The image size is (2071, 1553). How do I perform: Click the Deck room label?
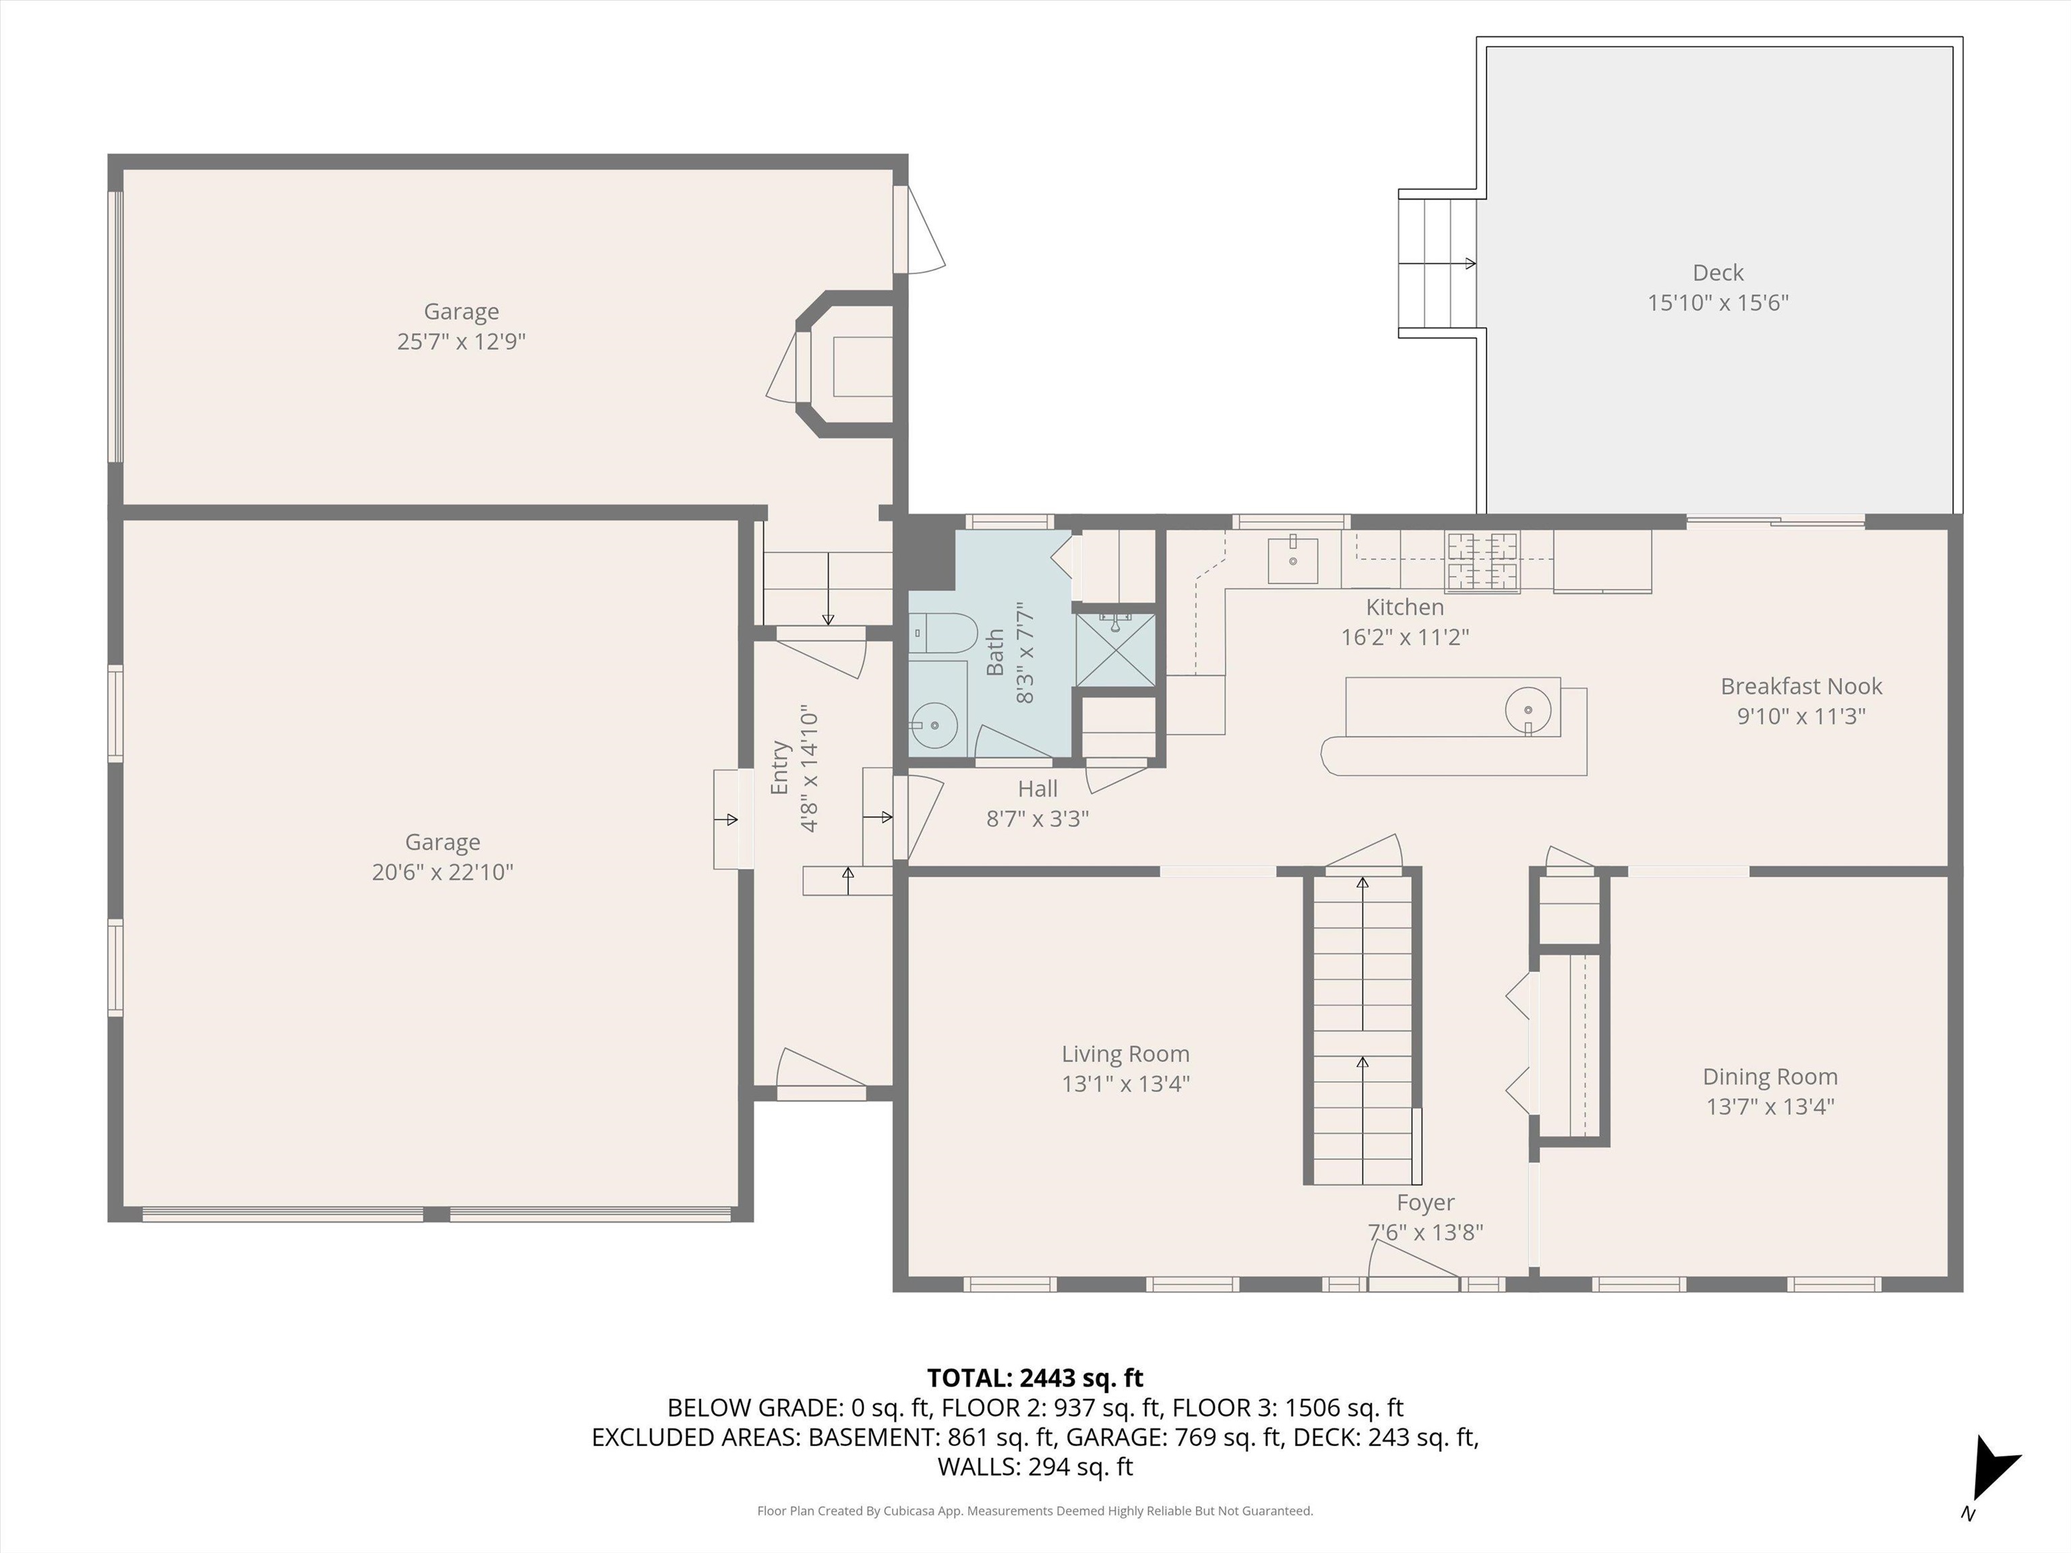pos(1718,272)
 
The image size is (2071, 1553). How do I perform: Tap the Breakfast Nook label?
pos(1801,686)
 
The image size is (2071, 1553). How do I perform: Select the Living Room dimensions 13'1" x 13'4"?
pos(1125,1084)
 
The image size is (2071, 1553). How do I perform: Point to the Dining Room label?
pos(1770,1076)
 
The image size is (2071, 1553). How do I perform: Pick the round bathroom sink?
pos(934,725)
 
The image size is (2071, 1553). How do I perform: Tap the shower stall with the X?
pos(1115,650)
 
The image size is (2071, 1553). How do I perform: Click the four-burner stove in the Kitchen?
pos(1482,561)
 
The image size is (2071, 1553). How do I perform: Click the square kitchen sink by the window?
pos(1293,559)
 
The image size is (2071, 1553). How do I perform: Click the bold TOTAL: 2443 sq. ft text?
pos(1035,1378)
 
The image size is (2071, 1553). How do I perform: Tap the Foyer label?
pos(1425,1203)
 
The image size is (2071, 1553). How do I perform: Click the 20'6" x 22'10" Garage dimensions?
pos(442,872)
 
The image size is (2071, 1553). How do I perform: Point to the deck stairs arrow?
pos(1437,264)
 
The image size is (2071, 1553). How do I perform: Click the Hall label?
pos(1038,789)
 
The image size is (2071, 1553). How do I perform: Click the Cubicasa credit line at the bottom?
pos(1035,1511)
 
